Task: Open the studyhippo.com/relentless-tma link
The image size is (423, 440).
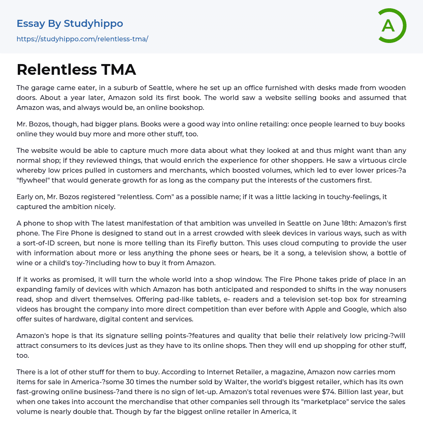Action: (82, 39)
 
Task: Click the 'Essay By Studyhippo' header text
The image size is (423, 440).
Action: (70, 24)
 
